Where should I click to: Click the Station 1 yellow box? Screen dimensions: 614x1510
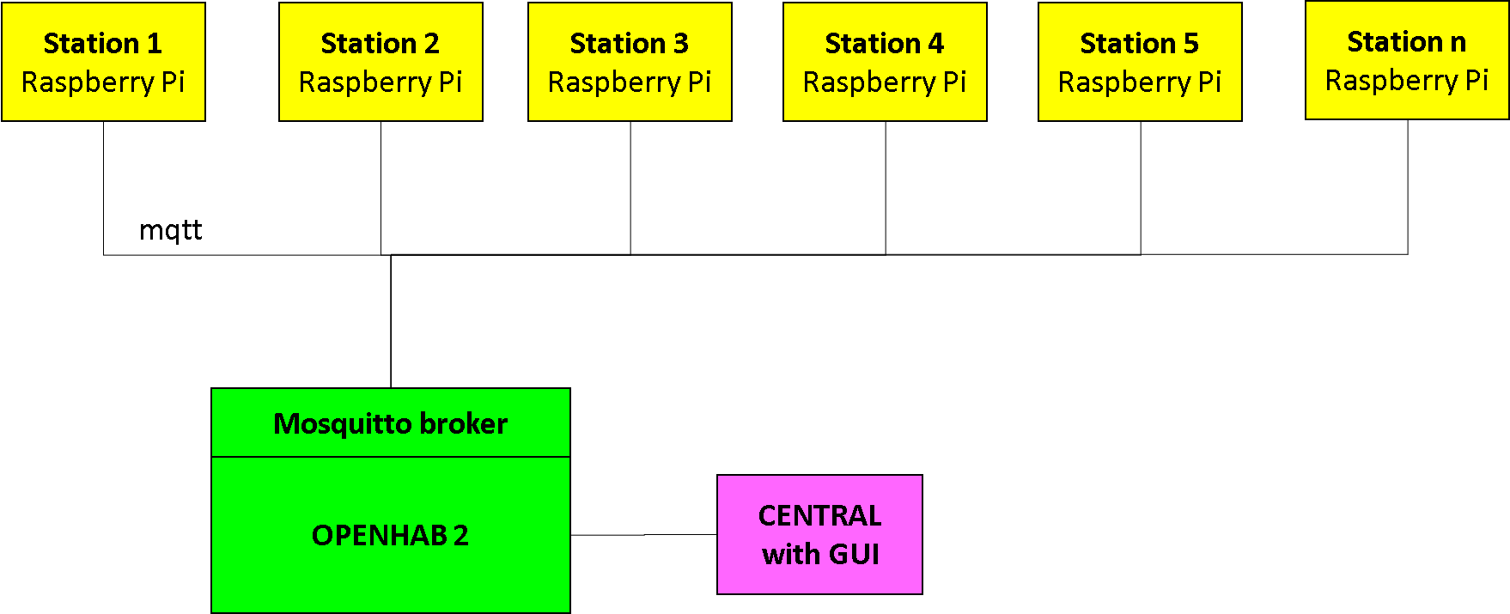tap(103, 62)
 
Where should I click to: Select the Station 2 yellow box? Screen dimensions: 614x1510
tap(381, 62)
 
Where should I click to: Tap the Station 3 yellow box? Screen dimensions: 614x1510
tap(630, 62)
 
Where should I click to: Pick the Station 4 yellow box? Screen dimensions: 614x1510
tap(885, 62)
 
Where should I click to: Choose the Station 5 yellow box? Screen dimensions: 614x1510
tap(1140, 62)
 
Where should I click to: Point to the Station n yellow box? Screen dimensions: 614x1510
tap(1407, 60)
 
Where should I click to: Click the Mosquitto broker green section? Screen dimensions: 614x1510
tap(391, 423)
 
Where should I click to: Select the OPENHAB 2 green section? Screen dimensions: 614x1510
tap(391, 534)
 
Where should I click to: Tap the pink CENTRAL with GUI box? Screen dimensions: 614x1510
tap(819, 534)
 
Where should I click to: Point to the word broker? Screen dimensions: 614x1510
tap(464, 424)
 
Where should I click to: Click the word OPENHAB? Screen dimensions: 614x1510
tap(379, 536)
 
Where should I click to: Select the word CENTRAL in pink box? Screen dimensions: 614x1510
tap(819, 515)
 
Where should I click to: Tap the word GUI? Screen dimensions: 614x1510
tap(854, 555)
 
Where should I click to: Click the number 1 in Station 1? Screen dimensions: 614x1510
tap(154, 43)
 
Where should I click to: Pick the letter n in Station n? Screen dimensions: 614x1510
tap(1458, 42)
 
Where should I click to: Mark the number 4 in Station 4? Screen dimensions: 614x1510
tap(935, 43)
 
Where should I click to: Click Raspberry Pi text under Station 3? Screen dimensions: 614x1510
tap(630, 82)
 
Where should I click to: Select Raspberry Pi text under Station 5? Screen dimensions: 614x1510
tap(1140, 82)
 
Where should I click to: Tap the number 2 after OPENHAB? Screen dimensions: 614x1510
tap(461, 536)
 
